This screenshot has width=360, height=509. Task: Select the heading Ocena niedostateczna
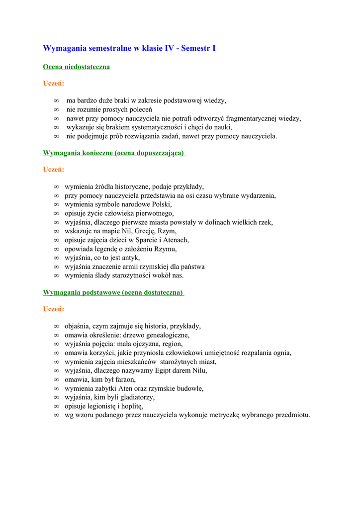coord(76,67)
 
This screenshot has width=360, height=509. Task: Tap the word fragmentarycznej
coord(247,118)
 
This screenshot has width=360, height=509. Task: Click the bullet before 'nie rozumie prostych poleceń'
coord(57,109)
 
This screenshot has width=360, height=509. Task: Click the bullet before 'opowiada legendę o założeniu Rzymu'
coord(57,249)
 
